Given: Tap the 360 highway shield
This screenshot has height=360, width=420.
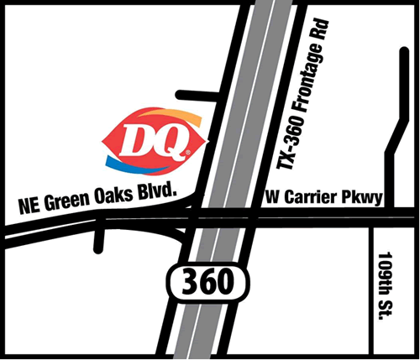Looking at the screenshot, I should pyautogui.click(x=207, y=283).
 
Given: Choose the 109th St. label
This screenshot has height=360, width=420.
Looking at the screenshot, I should pyautogui.click(x=387, y=284).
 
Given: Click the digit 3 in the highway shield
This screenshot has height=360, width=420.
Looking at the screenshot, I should pyautogui.click(x=187, y=283).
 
